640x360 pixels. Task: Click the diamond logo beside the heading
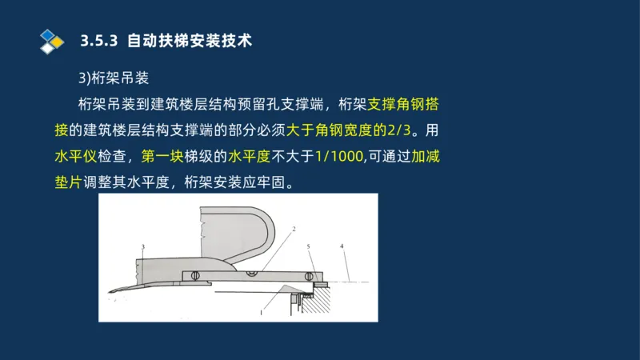point(51,41)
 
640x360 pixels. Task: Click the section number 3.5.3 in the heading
point(100,41)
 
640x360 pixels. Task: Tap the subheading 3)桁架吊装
point(114,78)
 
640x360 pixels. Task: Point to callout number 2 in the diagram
point(294,230)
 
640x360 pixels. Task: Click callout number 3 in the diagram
point(142,246)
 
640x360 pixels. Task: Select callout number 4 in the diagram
point(342,246)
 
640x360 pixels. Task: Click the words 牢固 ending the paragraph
point(277,181)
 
